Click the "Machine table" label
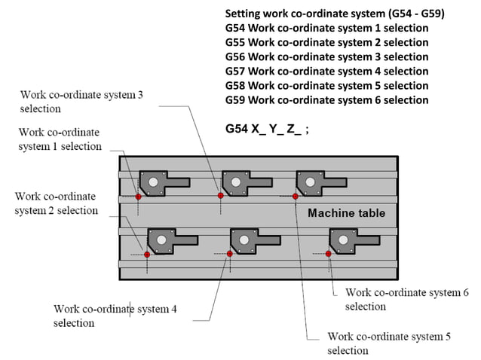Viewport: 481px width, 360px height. point(346,213)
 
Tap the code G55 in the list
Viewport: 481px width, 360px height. point(234,42)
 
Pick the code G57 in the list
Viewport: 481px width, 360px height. point(234,71)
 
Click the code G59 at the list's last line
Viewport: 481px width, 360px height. point(234,99)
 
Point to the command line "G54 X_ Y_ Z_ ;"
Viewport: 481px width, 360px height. point(267,129)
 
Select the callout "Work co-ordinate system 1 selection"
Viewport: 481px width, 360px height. point(60,139)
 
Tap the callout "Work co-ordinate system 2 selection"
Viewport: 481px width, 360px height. point(56,203)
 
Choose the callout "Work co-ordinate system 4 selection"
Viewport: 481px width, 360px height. point(115,316)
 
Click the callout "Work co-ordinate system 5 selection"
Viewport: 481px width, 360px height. point(388,343)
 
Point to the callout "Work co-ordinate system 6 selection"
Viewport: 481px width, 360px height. point(406,299)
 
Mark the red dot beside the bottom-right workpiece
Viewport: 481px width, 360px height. point(328,254)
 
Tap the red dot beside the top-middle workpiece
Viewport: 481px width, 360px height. point(220,196)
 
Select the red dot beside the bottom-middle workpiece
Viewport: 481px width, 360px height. point(229,254)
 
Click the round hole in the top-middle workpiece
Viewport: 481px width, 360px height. point(236,182)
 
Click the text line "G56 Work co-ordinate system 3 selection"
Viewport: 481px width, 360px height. point(326,56)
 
